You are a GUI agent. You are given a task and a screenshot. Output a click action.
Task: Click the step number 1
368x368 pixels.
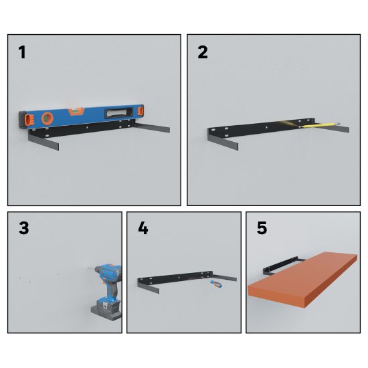point(22,52)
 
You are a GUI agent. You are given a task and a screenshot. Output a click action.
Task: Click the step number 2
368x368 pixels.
point(203,52)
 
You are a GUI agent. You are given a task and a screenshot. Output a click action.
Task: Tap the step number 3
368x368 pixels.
point(23,228)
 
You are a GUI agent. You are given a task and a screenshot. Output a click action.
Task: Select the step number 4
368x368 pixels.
point(143,228)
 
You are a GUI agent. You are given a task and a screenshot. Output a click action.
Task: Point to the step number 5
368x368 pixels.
point(262,228)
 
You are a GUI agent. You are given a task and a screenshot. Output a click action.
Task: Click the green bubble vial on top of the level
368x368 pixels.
point(76,111)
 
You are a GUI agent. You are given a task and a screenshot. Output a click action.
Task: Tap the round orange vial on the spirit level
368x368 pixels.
point(48,118)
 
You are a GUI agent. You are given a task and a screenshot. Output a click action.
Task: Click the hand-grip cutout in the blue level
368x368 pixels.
point(118,113)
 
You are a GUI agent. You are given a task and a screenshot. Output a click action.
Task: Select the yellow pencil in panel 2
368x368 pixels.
point(319,124)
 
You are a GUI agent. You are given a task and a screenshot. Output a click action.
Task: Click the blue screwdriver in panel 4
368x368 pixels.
point(216,284)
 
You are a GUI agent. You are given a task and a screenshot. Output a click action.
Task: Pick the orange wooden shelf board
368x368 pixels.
point(302,279)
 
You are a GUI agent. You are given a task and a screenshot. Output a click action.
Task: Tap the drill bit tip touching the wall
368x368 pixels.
point(88,268)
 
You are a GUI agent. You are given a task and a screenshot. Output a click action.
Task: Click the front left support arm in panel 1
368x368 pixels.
point(43,141)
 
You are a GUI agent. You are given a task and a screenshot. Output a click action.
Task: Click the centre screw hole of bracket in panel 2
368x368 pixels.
point(266,127)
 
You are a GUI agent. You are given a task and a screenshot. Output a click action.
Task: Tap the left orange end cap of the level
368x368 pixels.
point(30,120)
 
